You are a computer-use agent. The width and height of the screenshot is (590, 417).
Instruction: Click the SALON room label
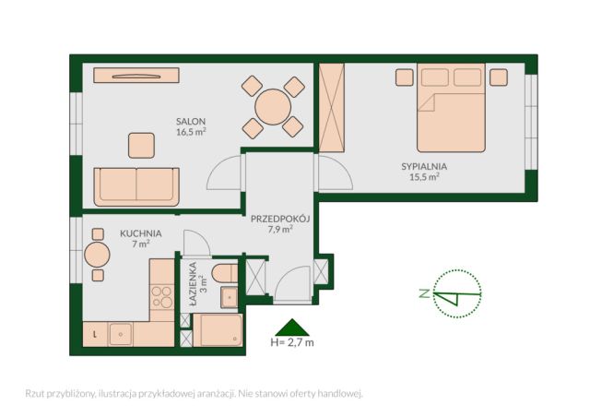191,121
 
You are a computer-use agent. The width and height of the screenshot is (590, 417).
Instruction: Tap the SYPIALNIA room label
424,166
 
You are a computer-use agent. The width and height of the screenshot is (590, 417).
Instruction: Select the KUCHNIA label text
141,233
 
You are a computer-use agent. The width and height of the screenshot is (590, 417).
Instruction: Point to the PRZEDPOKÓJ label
280,219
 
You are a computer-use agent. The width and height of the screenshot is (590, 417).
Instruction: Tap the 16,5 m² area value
191,132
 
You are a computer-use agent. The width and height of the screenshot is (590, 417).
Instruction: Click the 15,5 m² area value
424,176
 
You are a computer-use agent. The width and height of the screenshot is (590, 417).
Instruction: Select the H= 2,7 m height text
292,342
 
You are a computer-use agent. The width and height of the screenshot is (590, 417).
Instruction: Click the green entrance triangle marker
292,328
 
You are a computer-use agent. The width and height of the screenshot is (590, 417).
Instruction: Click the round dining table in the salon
273,107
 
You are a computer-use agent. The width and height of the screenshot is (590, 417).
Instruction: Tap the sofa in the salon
136,187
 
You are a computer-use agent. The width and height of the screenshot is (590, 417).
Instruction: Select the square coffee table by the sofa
141,146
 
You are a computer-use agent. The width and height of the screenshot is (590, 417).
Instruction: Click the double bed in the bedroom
451,108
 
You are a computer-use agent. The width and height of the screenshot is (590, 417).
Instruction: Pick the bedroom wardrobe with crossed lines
332,108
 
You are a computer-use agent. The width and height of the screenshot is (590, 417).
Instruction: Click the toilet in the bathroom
225,273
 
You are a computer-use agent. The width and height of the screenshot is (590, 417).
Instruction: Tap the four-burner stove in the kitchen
162,297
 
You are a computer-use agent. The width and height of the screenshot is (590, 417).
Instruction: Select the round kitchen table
97,255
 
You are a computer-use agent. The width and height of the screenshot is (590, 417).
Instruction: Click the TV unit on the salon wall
136,76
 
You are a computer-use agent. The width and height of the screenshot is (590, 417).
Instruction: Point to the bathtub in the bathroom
218,330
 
